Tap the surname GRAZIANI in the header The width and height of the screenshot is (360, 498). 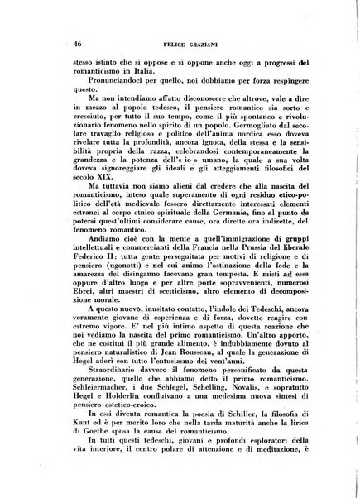click(x=203, y=42)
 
